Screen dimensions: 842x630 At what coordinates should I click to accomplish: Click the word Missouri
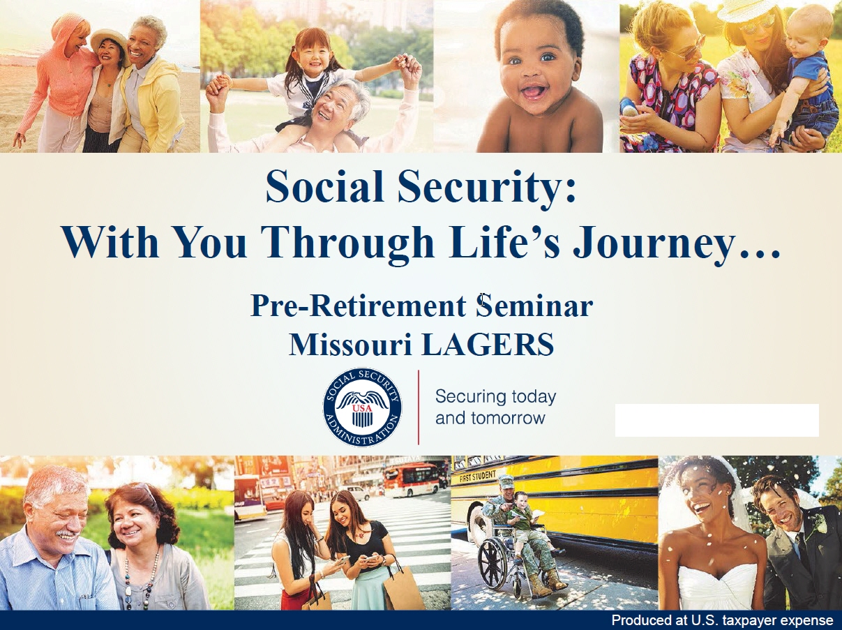[x=351, y=344]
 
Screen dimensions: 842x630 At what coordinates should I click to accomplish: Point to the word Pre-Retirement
[x=359, y=306]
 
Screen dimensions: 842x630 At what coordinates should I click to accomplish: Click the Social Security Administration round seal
[x=362, y=407]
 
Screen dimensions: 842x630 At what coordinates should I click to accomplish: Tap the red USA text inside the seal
[x=362, y=408]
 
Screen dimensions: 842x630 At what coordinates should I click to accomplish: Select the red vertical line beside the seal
[x=418, y=407]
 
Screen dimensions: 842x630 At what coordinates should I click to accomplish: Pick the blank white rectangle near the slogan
[x=717, y=420]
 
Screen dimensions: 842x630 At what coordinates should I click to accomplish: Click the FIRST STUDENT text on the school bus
[x=478, y=477]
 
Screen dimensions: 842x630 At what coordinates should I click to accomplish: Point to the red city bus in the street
[x=411, y=479]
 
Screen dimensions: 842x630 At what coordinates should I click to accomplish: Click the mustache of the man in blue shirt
[x=65, y=534]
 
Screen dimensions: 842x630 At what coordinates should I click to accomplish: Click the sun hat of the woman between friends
[x=110, y=41]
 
